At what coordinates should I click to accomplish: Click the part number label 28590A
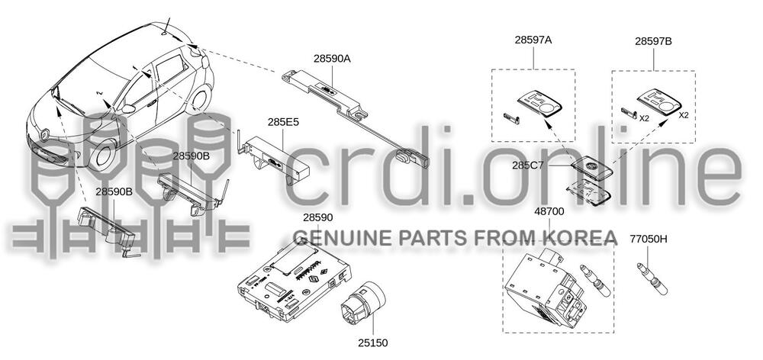332,59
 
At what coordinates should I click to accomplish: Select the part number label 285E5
283,122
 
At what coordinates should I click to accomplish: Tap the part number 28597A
533,40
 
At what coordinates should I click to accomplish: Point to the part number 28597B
653,41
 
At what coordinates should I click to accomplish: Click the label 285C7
527,166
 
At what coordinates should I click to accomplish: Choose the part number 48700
549,211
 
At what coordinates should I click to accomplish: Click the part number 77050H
648,239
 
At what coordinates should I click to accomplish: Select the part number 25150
373,343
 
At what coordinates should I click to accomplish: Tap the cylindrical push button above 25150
362,304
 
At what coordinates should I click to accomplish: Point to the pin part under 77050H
652,278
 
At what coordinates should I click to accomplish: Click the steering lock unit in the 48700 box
545,290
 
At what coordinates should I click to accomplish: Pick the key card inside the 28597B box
659,101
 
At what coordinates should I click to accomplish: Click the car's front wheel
104,155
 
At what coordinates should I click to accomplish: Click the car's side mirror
128,108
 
